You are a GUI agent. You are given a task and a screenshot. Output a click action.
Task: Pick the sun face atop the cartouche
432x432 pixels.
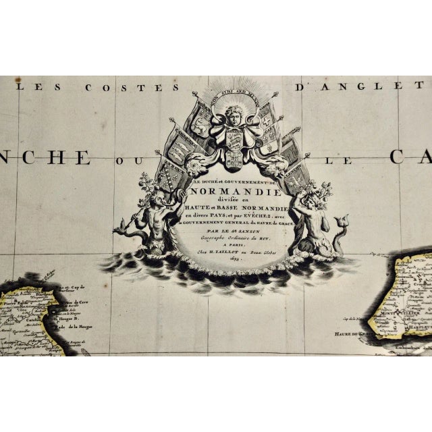click(x=233, y=111)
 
